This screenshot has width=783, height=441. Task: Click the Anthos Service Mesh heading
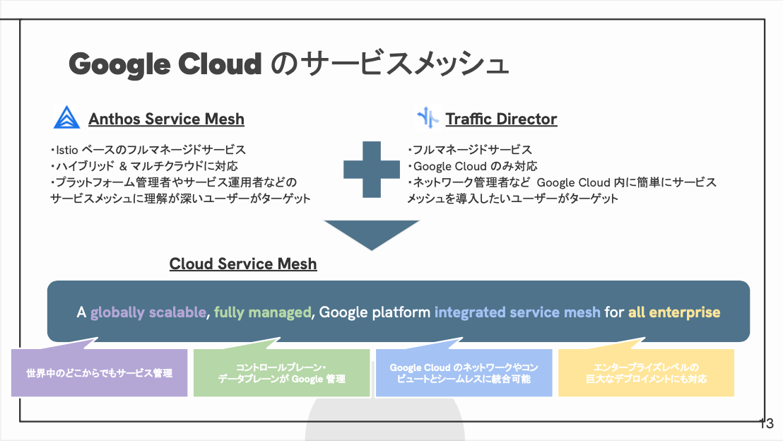(x=166, y=119)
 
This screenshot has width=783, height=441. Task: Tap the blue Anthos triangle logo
(x=66, y=117)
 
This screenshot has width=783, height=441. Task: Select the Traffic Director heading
(x=501, y=119)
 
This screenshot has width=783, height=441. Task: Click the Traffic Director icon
(x=428, y=118)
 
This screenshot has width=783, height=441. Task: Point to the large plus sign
(x=372, y=170)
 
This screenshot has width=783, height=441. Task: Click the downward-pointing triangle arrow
(x=372, y=235)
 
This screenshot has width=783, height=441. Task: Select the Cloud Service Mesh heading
(x=243, y=264)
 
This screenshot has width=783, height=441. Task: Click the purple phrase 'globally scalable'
(x=148, y=312)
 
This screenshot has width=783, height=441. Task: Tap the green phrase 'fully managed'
(x=263, y=312)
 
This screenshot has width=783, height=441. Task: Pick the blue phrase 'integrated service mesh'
(x=517, y=312)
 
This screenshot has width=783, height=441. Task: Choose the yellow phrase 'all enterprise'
(x=674, y=312)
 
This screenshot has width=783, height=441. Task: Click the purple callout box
(x=100, y=372)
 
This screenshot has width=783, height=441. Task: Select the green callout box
(x=282, y=372)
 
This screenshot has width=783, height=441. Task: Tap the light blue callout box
(x=464, y=372)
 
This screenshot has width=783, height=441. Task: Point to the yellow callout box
(x=646, y=372)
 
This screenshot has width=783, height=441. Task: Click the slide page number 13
(x=767, y=423)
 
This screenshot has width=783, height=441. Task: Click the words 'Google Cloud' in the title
(x=165, y=64)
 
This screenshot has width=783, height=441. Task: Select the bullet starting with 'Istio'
(x=148, y=150)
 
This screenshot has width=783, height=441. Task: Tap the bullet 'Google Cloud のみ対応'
(x=472, y=166)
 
